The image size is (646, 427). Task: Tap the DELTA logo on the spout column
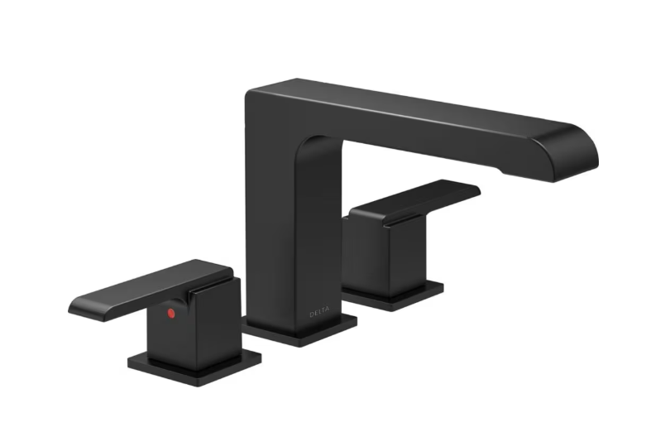coord(318,313)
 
